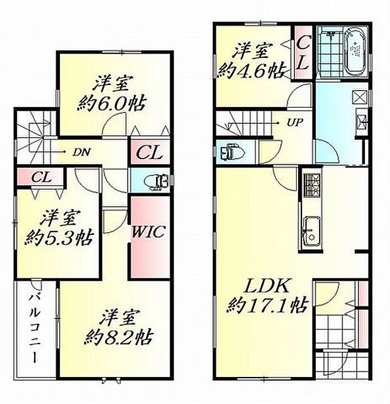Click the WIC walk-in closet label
point(148,232)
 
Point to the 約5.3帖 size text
point(60,238)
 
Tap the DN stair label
point(80,152)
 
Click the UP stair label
point(293,123)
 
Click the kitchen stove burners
point(311,183)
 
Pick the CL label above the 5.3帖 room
point(40,177)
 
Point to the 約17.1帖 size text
point(267,307)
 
